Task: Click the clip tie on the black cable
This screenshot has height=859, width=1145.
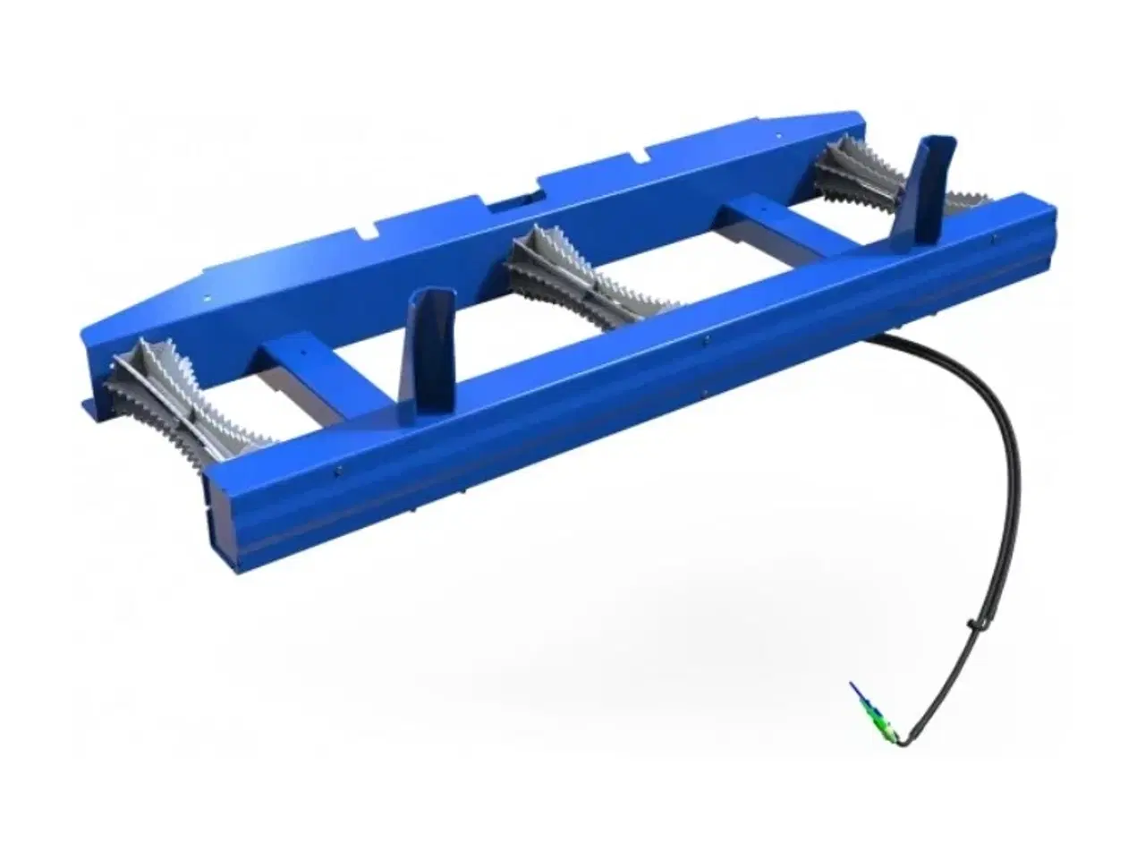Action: click(x=971, y=626)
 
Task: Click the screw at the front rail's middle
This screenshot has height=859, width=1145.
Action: click(x=706, y=339)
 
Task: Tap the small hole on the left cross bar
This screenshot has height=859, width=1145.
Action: click(x=304, y=352)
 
